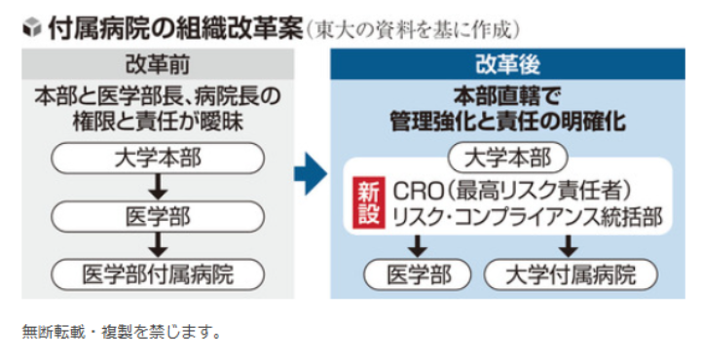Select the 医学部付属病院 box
pos(157,272)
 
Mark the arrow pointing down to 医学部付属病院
pos(157,243)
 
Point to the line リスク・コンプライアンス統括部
pos(527,216)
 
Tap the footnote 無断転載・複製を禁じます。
pos(122,332)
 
